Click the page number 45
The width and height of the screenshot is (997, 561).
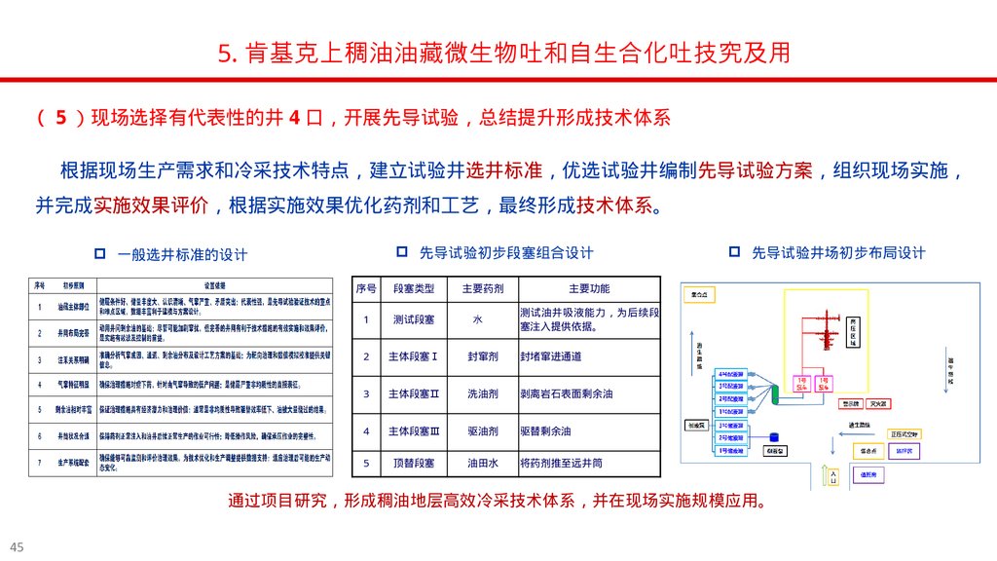pyautogui.click(x=17, y=544)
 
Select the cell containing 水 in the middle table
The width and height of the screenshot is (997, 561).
pyautogui.click(x=477, y=319)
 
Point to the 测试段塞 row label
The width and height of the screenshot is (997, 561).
pyautogui.click(x=414, y=319)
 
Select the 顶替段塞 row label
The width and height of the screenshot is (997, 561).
pyautogui.click(x=414, y=463)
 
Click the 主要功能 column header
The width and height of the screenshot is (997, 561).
pyautogui.click(x=589, y=288)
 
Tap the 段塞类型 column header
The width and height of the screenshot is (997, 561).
pyautogui.click(x=414, y=288)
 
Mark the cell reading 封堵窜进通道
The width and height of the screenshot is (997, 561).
pyautogui.click(x=551, y=356)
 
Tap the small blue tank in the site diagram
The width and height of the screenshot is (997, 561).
pyautogui.click(x=774, y=437)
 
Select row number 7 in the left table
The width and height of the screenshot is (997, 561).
pyautogui.click(x=40, y=463)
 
